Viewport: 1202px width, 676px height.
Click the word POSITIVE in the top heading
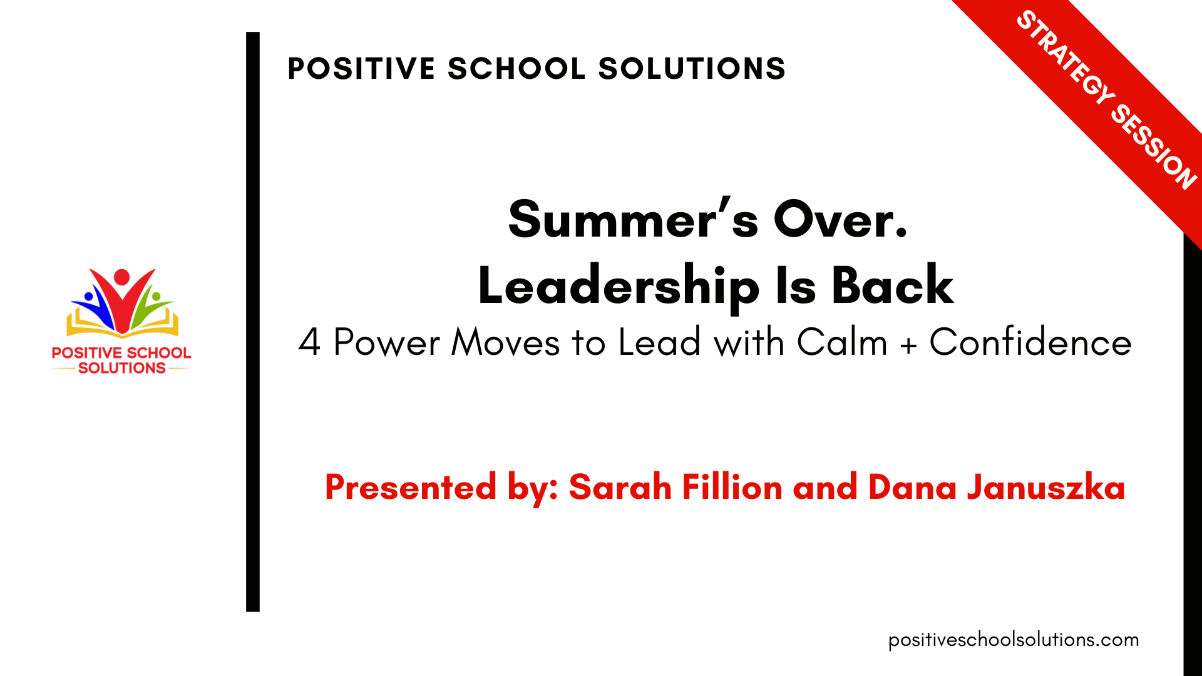pyautogui.click(x=361, y=68)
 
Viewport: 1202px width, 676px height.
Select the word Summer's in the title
pyautogui.click(x=634, y=219)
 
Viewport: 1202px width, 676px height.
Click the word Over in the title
pyautogui.click(x=841, y=219)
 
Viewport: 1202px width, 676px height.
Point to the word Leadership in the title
pyautogui.click(x=619, y=286)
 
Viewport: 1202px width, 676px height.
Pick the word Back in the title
pyautogui.click(x=892, y=285)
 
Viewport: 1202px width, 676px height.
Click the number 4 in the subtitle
pyautogui.click(x=309, y=342)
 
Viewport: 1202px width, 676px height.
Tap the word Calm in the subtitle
pyautogui.click(x=842, y=342)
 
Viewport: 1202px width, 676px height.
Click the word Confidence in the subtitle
pyautogui.click(x=1030, y=342)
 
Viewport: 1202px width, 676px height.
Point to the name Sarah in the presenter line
pyautogui.click(x=620, y=487)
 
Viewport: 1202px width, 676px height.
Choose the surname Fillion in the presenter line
pyautogui.click(x=732, y=487)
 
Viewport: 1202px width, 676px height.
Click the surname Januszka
pyautogui.click(x=1046, y=487)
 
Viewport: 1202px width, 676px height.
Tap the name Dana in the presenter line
pyautogui.click(x=912, y=487)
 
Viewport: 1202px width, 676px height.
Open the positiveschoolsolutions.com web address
pyautogui.click(x=1014, y=640)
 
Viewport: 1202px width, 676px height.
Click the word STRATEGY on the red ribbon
pyautogui.click(x=1066, y=58)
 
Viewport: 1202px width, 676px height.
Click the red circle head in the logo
pyautogui.click(x=122, y=277)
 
